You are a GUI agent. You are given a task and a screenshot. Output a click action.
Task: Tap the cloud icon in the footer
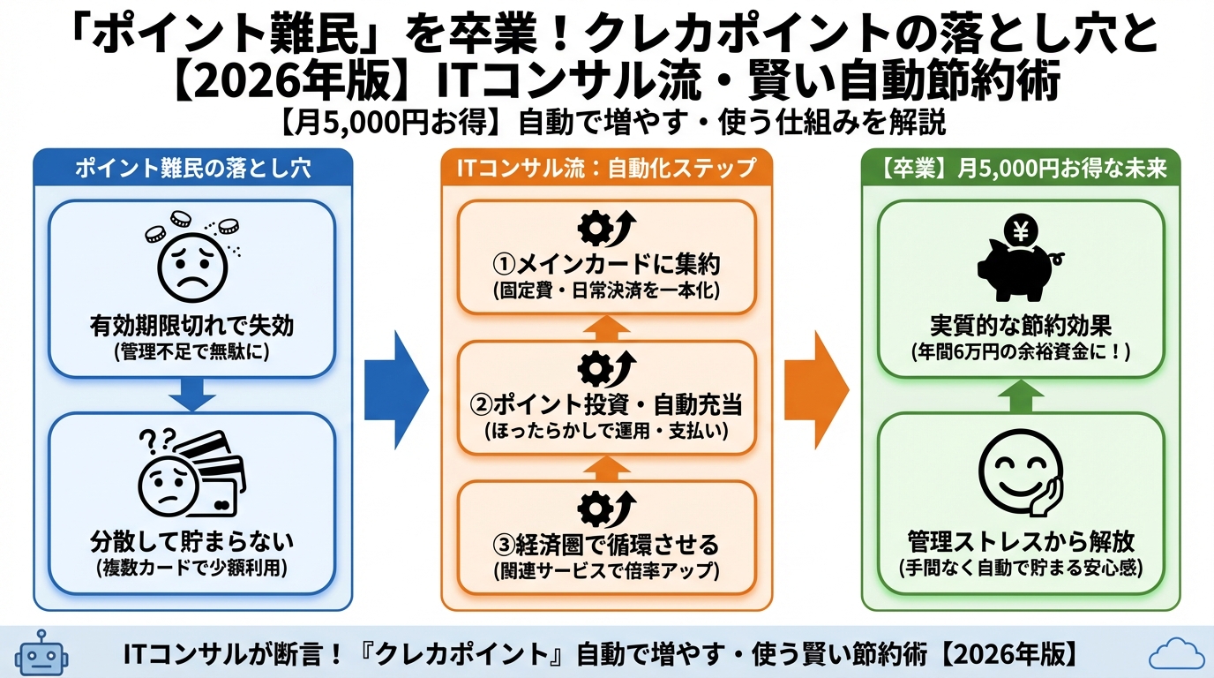coord(1177,654)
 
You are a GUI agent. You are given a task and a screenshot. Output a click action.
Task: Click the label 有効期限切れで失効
coord(191,326)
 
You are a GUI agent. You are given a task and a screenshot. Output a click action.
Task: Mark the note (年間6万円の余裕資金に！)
coord(1021,350)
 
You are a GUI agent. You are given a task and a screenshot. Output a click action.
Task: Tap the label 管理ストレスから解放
coord(1021,540)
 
